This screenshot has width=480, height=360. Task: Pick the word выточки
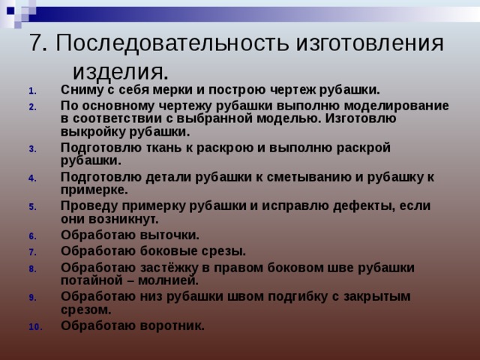168,235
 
